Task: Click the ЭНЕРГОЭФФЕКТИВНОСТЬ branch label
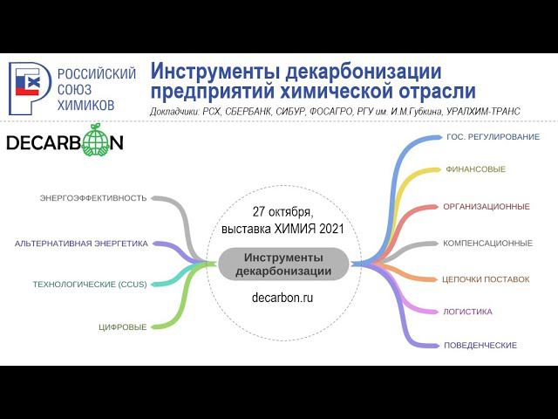[x=93, y=198]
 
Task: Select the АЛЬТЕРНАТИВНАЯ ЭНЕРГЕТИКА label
[x=81, y=244]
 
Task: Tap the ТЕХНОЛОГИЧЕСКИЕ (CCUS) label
[x=90, y=284]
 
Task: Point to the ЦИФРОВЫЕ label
[x=122, y=327]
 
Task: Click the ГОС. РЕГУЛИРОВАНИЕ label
[x=493, y=137]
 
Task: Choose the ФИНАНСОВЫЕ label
[x=475, y=169]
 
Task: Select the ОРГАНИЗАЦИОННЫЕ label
[x=487, y=207]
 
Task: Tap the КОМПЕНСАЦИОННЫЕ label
[x=487, y=244]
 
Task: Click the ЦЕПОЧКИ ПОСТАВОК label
[x=486, y=280]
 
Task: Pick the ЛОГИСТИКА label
[x=468, y=312]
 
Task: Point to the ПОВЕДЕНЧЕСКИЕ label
[x=480, y=346]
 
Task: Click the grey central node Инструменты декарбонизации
[x=283, y=264]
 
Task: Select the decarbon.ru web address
[x=282, y=298]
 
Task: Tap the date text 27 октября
[x=282, y=212]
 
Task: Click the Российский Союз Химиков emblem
[x=29, y=88]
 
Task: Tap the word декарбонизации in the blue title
[x=352, y=71]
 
